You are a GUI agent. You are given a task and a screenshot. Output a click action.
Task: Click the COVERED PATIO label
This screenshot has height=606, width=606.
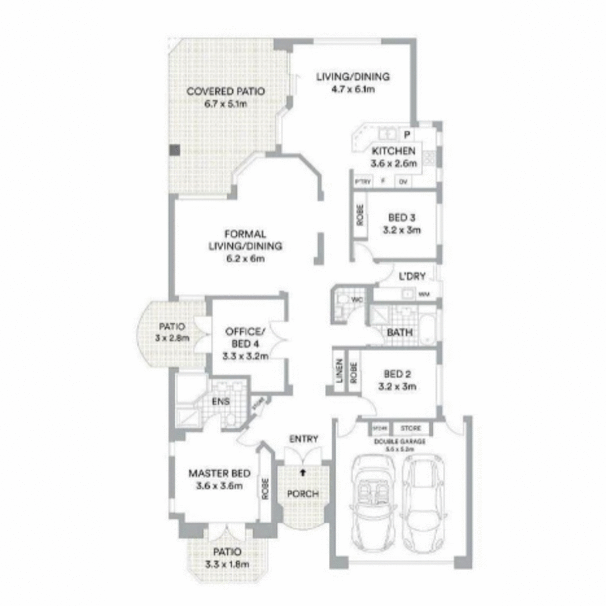[x=225, y=91]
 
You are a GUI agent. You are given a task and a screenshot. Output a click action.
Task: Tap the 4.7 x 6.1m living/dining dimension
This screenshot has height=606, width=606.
[x=353, y=89]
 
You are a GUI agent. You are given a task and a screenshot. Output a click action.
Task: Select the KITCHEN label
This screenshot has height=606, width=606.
[x=394, y=150]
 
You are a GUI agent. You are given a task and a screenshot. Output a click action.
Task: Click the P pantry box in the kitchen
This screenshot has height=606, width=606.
[x=406, y=134]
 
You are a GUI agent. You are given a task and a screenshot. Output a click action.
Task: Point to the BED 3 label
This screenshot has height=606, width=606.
[x=401, y=218]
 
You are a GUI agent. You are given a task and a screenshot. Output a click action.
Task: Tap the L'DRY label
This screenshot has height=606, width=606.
[x=412, y=276]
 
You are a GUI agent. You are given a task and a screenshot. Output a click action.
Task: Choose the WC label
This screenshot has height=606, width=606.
[x=358, y=300]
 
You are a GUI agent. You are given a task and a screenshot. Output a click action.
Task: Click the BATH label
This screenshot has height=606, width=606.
[x=399, y=332]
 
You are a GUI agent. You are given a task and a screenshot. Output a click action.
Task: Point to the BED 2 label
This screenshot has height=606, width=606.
[x=397, y=374]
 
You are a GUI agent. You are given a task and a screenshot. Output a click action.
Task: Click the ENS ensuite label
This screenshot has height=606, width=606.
[x=221, y=401]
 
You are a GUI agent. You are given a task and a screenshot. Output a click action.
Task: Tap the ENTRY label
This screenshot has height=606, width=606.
[x=303, y=439]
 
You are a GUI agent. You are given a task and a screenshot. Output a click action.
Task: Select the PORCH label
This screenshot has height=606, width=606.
[x=302, y=493]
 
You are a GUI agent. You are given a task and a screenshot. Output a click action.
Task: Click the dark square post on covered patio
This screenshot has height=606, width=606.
[x=174, y=150]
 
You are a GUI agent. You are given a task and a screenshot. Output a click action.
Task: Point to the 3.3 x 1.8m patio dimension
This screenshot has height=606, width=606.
[x=227, y=564]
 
